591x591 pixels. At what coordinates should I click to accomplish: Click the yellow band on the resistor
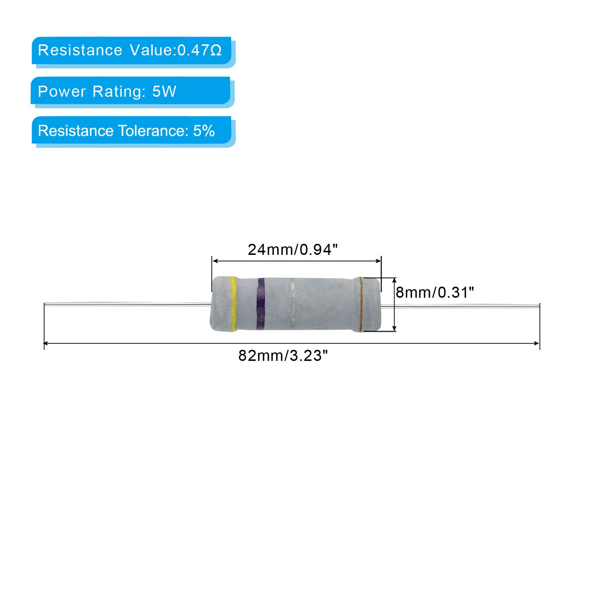point(233,304)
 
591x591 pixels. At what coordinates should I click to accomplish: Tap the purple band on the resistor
point(261,304)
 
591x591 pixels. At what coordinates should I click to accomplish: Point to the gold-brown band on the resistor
point(361,304)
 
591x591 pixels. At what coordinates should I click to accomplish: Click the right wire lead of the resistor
point(460,305)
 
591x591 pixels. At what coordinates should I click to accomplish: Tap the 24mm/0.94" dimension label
point(293,250)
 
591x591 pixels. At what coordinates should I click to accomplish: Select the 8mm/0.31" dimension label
point(435,293)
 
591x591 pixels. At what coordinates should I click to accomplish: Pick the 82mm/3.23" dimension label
point(283,356)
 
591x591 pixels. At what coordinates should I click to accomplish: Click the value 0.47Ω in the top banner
point(199,50)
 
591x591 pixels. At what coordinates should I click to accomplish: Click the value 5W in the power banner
point(164,91)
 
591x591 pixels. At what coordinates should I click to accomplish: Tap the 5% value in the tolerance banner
point(204,131)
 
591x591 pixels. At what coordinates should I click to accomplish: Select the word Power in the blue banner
point(62,91)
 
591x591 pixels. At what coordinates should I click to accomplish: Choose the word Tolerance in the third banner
point(153,131)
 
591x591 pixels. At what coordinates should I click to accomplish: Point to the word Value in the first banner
point(151,50)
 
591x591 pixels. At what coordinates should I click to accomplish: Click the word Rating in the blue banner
point(119,92)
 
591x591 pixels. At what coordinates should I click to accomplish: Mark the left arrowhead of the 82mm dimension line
point(47,344)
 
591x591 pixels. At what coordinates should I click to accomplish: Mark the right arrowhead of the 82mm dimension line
point(537,344)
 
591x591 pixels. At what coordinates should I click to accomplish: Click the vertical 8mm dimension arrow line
point(394,304)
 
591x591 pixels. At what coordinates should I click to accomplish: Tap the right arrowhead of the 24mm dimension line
point(378,261)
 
